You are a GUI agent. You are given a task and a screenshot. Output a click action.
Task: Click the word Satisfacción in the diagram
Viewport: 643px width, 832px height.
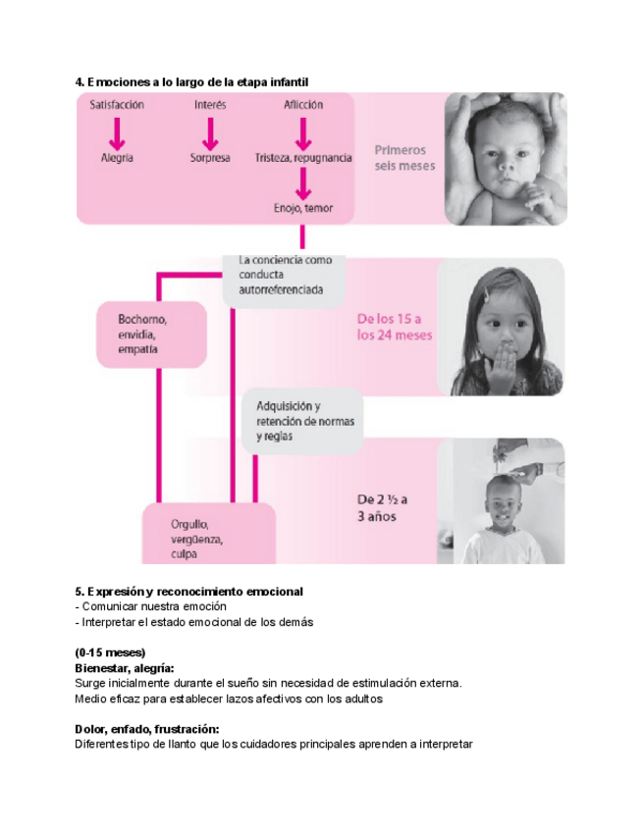[x=117, y=105]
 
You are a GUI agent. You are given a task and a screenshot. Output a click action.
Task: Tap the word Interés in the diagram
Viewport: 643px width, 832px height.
[x=210, y=105]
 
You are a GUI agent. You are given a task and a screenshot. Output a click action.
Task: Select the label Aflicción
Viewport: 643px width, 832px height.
[x=303, y=105]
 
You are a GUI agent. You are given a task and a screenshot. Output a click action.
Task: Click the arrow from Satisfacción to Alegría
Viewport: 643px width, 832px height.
[x=117, y=131]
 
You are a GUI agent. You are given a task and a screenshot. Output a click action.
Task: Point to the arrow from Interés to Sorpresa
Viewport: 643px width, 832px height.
[x=210, y=131]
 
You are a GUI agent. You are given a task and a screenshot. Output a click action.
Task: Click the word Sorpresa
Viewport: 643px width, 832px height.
[x=210, y=157]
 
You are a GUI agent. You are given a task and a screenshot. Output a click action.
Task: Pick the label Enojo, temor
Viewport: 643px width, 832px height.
[x=303, y=208]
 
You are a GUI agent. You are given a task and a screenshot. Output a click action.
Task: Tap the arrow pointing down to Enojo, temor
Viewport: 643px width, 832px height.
[x=303, y=182]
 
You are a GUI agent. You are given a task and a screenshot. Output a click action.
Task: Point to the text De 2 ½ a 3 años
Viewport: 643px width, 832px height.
[x=383, y=507]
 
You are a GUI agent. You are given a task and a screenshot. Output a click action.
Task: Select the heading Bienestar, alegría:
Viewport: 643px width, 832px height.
[x=124, y=667]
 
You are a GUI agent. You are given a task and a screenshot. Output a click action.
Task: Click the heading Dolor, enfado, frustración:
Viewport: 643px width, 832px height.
[x=146, y=729]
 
